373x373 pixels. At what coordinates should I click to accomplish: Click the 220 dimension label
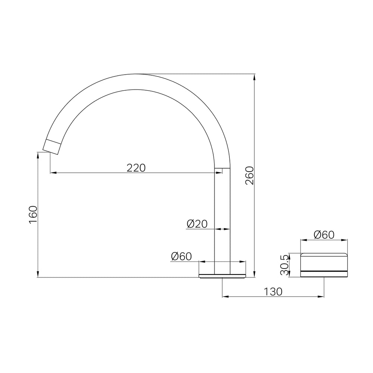(x=136, y=168)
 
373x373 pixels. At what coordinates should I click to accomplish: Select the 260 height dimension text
(x=250, y=176)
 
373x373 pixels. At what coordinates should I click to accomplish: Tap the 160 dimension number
(x=33, y=214)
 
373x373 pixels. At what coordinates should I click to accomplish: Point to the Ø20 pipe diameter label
(x=197, y=224)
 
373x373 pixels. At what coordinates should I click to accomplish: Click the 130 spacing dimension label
(x=273, y=292)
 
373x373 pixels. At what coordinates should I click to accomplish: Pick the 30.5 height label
(x=284, y=264)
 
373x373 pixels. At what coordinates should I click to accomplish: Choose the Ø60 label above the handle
(x=324, y=235)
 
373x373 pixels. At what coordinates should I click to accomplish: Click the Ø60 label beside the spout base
(x=181, y=257)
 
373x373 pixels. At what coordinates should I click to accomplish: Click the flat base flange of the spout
(x=222, y=276)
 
